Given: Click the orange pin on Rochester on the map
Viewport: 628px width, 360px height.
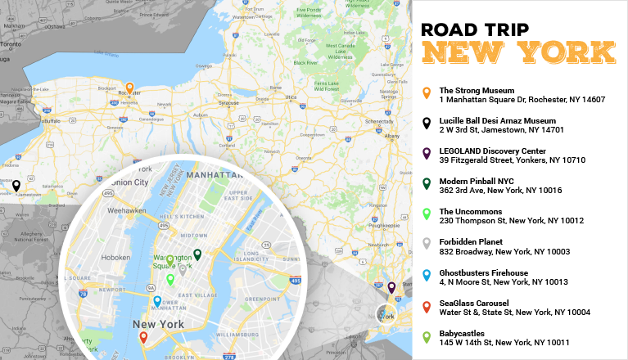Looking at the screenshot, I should [x=129, y=88].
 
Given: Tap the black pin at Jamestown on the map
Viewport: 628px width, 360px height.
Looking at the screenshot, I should [x=16, y=186].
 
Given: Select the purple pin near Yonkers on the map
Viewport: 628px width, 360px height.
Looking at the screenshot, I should [x=391, y=287].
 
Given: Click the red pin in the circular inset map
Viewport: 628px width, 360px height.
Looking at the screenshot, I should [x=143, y=335].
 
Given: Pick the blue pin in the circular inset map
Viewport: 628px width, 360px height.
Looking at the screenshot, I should [x=157, y=300].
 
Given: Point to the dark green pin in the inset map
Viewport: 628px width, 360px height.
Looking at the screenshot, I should [x=197, y=254].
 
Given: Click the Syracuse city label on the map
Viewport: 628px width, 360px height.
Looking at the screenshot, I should [x=228, y=103].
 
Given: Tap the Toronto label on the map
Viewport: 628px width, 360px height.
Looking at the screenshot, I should [x=11, y=43].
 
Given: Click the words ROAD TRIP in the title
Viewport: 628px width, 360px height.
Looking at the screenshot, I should [x=474, y=30].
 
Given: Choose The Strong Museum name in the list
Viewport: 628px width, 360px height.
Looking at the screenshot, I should [x=477, y=90].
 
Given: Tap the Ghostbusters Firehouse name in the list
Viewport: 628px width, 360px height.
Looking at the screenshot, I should [x=483, y=272].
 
